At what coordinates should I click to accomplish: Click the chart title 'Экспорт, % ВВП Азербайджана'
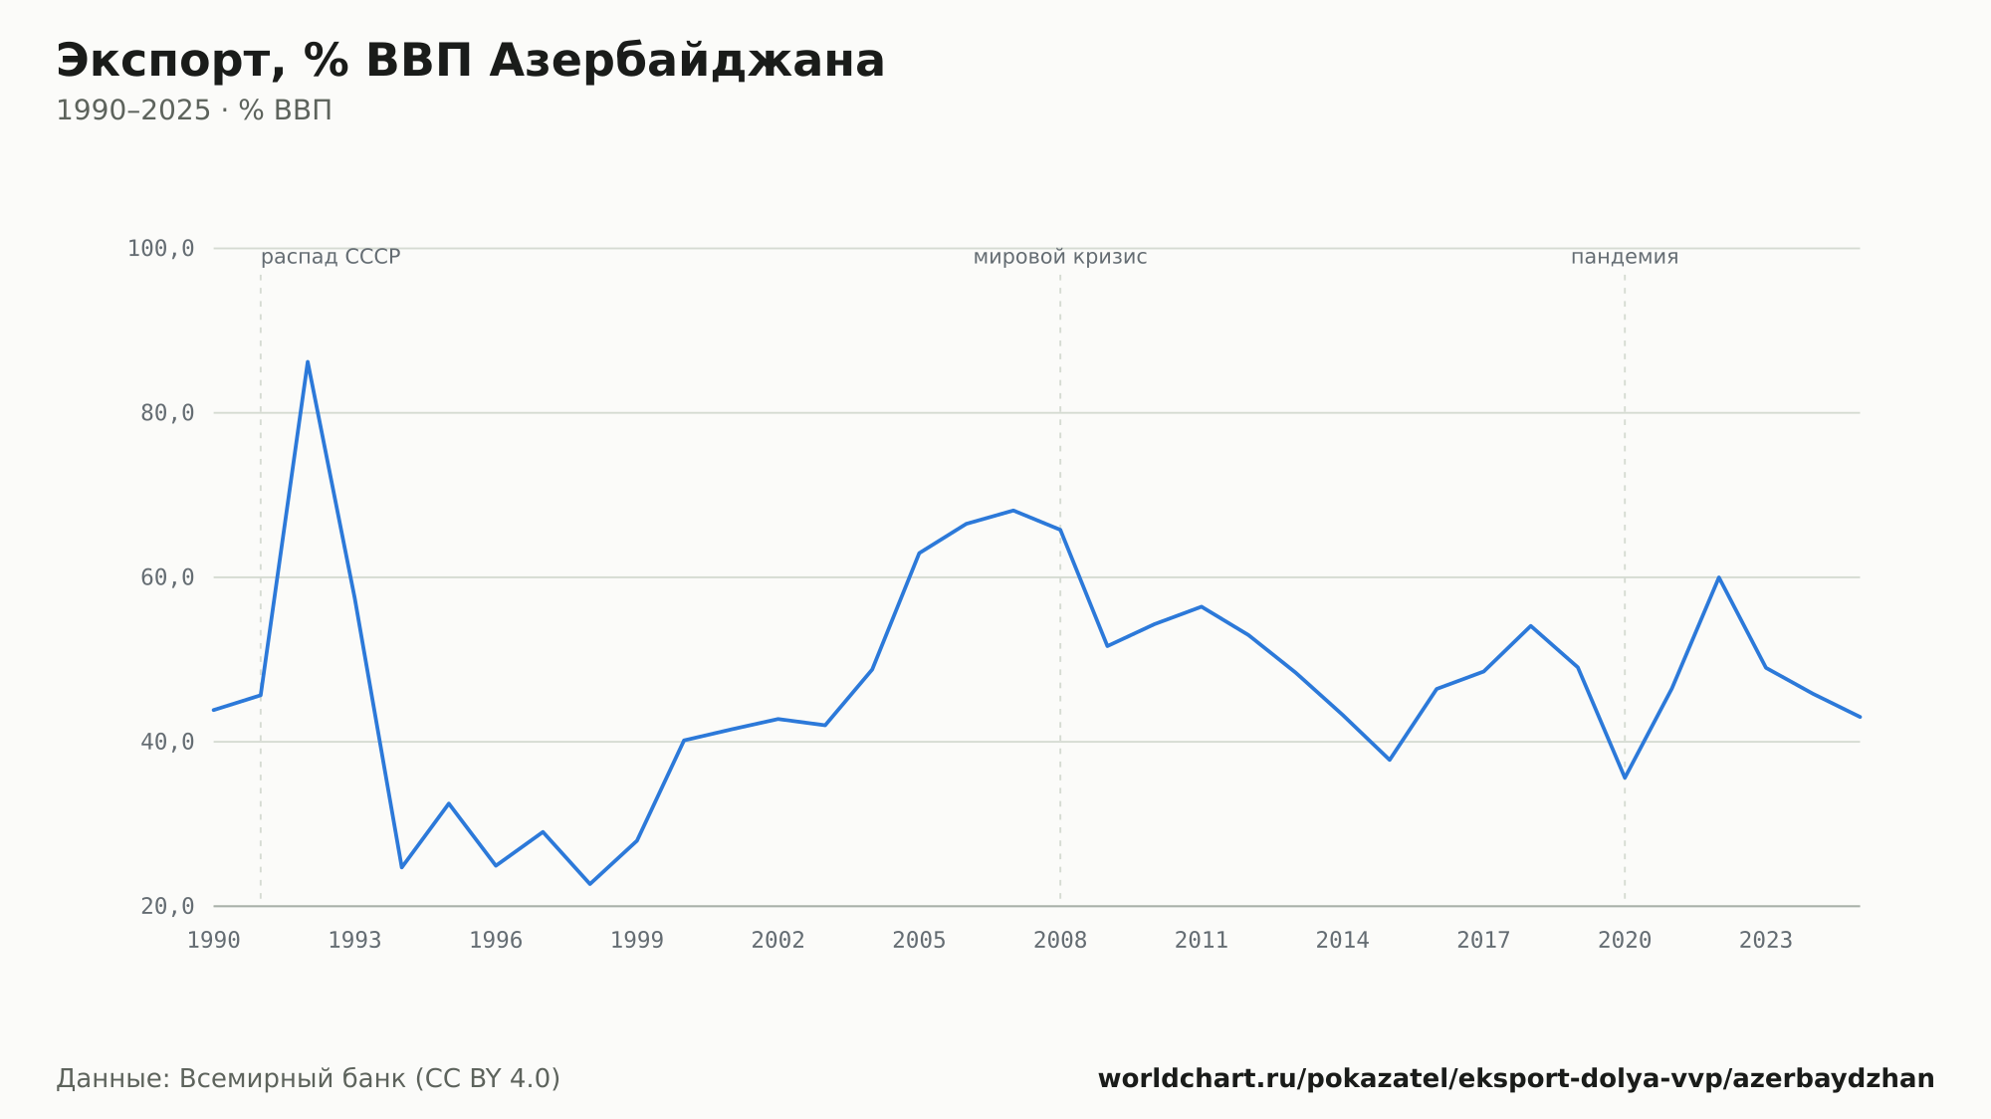pos(470,62)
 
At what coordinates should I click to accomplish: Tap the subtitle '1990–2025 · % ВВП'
pos(194,111)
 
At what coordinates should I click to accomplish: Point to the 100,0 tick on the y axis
pos(160,249)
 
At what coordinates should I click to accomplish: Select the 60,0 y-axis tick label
pos(167,577)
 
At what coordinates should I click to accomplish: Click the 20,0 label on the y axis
pos(167,906)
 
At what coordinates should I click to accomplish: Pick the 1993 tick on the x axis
pos(354,941)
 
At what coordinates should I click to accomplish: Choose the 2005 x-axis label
pos(919,941)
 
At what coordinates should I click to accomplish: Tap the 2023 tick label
pos(1766,941)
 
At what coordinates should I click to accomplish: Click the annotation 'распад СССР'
pos(331,257)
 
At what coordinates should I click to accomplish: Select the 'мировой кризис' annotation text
pos(1060,257)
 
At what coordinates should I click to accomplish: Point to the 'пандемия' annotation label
pos(1625,257)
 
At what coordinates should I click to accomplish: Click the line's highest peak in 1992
pos(308,361)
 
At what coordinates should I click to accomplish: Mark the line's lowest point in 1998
pos(589,884)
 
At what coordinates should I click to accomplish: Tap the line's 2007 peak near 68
pos(1012,511)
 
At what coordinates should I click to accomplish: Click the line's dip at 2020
pos(1625,778)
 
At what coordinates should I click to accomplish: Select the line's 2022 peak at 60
pos(1718,577)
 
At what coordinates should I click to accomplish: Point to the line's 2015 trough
pos(1390,760)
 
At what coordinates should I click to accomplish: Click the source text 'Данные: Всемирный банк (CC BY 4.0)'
pos(309,1079)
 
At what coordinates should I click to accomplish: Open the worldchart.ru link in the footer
pos(1516,1079)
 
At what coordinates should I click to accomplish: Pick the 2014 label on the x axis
pos(1342,941)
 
